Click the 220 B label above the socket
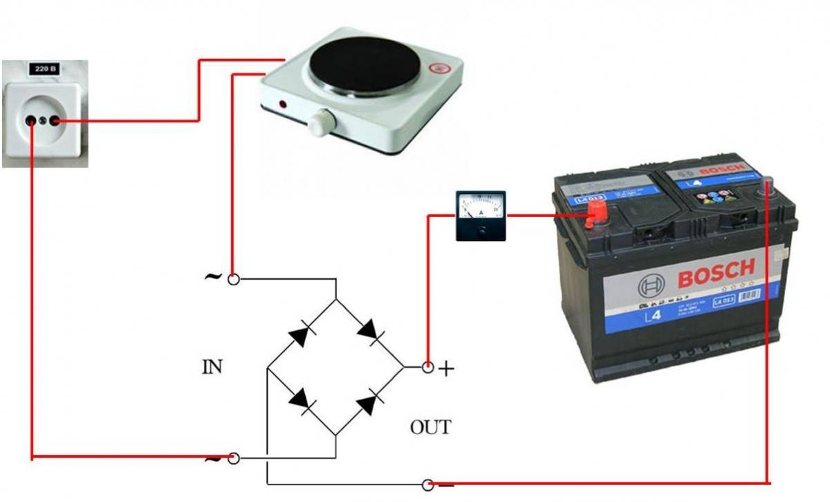click(43, 69)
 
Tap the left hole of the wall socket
click(31, 121)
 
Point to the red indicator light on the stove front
click(283, 105)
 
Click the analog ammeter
click(481, 216)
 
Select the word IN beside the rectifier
click(212, 367)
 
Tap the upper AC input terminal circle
click(234, 279)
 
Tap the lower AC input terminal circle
click(234, 459)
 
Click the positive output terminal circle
click(427, 367)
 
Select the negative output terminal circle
click(427, 484)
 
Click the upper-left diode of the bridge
click(301, 334)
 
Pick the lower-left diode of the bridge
click(301, 400)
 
